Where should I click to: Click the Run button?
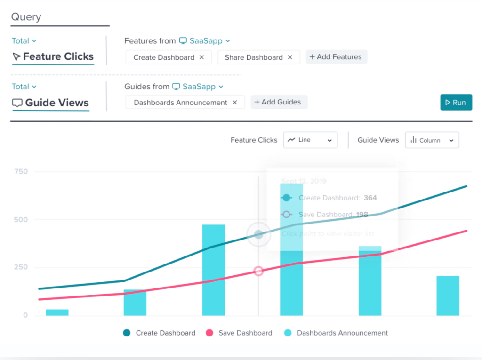[456, 103]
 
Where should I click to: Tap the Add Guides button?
[279, 102]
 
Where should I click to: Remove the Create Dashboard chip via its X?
[201, 57]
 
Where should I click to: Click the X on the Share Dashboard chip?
[290, 57]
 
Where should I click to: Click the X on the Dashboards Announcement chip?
[235, 103]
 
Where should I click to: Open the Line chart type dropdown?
[310, 140]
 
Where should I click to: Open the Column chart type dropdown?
[432, 140]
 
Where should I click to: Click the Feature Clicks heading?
[53, 57]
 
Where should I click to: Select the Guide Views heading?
[51, 103]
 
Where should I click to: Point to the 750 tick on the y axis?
[21, 172]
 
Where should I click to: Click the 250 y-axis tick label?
[21, 267]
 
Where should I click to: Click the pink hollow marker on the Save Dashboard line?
[258, 271]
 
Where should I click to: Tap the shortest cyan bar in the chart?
[57, 312]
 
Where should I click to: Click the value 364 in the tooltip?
[370, 198]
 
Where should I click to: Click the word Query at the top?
[26, 17]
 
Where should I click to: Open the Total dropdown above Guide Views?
[24, 87]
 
